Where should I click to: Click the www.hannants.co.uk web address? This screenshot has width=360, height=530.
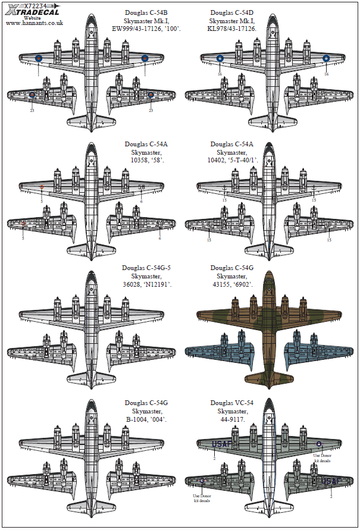coord(34,23)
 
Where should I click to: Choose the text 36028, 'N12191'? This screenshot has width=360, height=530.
coord(146,285)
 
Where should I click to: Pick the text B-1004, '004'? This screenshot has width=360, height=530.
coord(146,419)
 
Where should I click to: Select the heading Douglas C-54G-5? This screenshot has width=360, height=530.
coord(146,268)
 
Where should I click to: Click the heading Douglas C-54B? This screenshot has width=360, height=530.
coord(146,11)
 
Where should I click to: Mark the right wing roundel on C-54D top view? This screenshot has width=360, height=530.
coord(326,58)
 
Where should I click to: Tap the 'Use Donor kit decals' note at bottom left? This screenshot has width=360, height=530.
coord(202,498)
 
